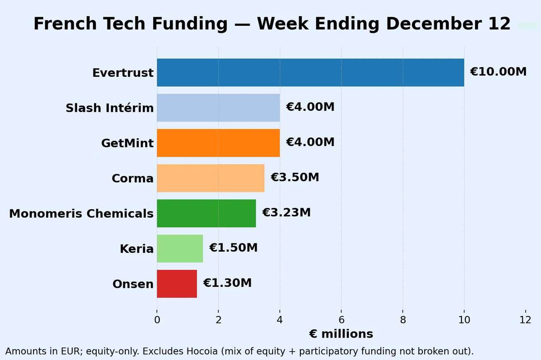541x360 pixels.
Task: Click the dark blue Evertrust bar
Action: tap(310, 73)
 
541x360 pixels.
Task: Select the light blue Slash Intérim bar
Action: tap(218, 108)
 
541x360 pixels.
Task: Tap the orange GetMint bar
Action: tap(218, 143)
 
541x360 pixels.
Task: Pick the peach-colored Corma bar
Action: tap(210, 178)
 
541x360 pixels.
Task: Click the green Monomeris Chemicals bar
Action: tap(206, 213)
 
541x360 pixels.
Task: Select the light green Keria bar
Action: tap(180, 248)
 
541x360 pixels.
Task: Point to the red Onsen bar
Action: tap(177, 284)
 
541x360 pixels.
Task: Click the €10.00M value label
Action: tap(498, 72)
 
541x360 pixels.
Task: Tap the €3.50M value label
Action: tap(295, 177)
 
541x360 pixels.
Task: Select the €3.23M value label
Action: tap(286, 213)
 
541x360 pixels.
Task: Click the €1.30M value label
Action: tap(227, 283)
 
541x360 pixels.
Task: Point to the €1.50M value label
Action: tap(233, 248)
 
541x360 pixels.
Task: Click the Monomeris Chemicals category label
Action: tap(81, 214)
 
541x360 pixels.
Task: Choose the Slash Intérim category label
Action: tap(110, 108)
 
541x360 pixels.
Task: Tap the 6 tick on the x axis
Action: tap(341, 320)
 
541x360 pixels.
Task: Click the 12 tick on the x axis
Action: tap(525, 320)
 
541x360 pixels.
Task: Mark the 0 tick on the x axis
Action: tap(157, 320)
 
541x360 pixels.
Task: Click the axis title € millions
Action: tap(341, 334)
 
